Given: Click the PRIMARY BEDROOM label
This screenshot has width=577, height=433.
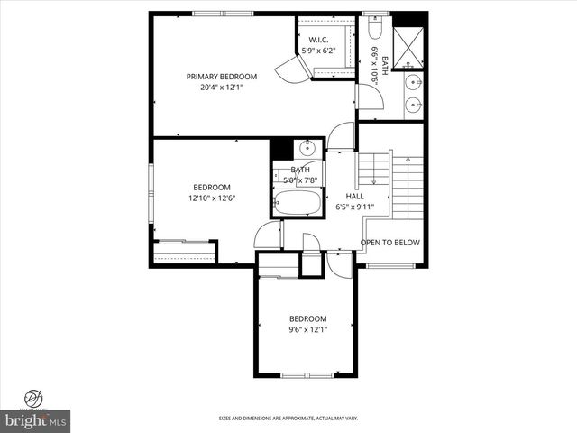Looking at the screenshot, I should (222, 77).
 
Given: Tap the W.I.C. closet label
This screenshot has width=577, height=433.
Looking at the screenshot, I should (317, 40).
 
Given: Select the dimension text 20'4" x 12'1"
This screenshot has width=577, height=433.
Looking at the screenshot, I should (222, 88).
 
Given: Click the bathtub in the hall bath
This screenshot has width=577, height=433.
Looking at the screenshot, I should (297, 204).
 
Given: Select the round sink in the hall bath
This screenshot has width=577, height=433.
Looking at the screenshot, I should (307, 149).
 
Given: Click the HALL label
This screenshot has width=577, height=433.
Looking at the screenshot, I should (355, 196).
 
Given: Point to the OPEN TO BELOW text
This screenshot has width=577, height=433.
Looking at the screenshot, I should (389, 243).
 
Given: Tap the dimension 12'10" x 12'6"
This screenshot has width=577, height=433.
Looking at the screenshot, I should (211, 198).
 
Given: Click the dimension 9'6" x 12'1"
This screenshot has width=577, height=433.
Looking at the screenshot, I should (307, 330).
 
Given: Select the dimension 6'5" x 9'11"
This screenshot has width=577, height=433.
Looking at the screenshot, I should (354, 207).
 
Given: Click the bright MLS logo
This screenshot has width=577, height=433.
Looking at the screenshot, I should (36, 420).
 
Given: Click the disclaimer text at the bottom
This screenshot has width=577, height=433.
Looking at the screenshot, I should (288, 419).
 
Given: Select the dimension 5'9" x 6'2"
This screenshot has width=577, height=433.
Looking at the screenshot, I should (317, 51).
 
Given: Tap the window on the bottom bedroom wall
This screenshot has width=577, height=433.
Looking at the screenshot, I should (307, 374).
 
